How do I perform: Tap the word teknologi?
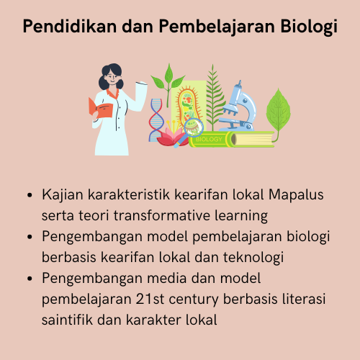coord(253,256)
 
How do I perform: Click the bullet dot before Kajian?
coord(28,195)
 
